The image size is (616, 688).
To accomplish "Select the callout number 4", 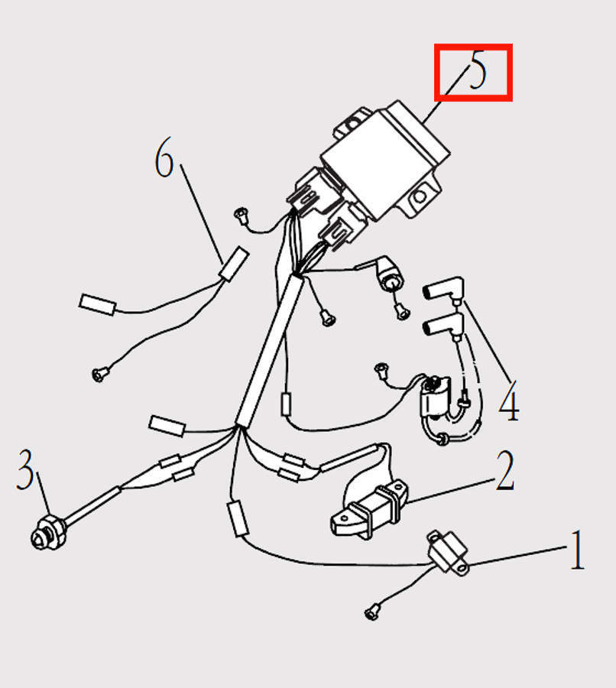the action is point(509,400).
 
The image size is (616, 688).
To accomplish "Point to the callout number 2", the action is point(504,472).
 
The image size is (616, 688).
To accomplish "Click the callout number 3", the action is point(26,470).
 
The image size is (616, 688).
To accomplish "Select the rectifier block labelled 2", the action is point(367,508).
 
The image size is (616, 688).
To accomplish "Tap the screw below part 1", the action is point(372,611).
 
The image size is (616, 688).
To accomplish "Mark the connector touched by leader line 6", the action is point(233,260).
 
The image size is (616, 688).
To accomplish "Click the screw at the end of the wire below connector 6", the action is point(99,374).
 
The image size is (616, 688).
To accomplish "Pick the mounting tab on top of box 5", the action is point(354,121).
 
